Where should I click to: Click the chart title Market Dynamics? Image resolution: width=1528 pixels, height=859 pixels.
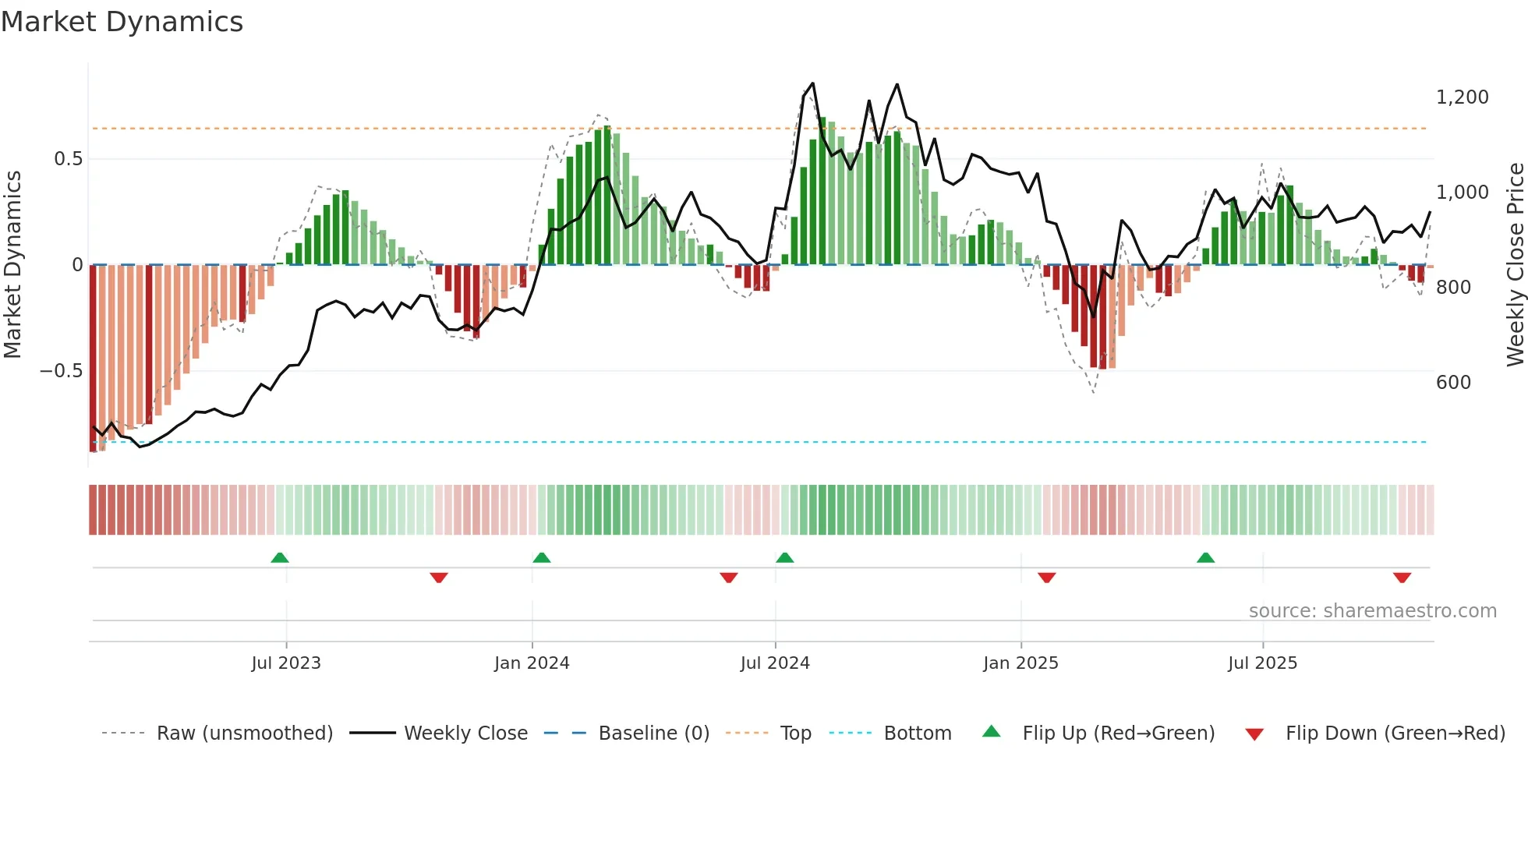tap(122, 22)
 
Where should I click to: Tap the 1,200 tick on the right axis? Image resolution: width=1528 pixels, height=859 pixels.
tap(1462, 97)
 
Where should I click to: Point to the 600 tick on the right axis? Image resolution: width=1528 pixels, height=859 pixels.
tap(1453, 383)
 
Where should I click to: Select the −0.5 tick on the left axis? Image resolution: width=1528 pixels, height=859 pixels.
tap(61, 371)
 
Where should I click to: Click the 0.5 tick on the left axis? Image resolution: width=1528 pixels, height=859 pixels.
tap(68, 159)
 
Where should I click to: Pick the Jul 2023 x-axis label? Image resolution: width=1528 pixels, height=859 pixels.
tap(286, 663)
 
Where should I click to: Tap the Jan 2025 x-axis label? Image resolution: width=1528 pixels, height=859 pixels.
tap(1020, 663)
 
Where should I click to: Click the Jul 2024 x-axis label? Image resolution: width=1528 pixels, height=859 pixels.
tap(775, 663)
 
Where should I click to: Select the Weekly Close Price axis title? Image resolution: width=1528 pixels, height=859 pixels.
tap(1515, 265)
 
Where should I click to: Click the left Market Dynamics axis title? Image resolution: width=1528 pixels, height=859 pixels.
tap(12, 265)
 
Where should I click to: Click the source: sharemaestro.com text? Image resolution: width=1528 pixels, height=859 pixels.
tap(1372, 611)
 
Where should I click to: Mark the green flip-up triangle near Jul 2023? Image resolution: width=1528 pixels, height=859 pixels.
tap(280, 557)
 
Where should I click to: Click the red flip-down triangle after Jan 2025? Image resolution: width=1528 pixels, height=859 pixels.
tap(1046, 578)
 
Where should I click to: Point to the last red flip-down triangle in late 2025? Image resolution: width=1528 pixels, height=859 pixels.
tap(1402, 578)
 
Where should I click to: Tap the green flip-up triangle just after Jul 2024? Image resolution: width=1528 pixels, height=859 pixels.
tap(785, 557)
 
